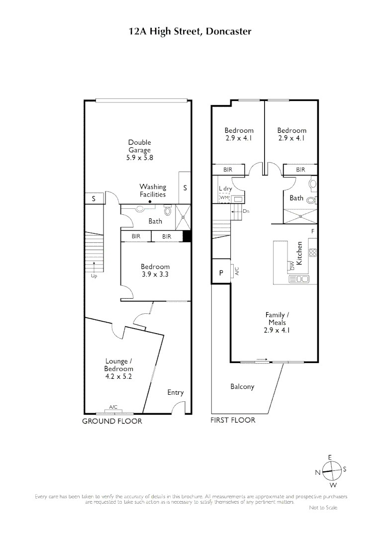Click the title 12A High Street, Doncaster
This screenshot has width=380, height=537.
tap(190, 32)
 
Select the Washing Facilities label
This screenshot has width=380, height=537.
tap(152, 191)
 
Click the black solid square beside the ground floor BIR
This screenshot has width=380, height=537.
tap(187, 237)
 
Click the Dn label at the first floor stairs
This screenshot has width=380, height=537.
tap(246, 211)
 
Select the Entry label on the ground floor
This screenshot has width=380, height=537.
tap(175, 392)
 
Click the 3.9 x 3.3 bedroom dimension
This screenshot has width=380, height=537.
tap(155, 274)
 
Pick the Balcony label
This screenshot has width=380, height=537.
tap(242, 386)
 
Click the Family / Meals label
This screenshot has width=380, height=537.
tap(275, 319)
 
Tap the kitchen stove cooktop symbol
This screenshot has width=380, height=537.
tap(313, 253)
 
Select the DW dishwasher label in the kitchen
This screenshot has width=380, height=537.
tap(292, 266)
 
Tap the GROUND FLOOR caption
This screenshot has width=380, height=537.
tap(112, 421)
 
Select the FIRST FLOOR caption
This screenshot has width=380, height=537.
tap(233, 420)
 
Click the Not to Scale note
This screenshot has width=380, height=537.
tap(323, 508)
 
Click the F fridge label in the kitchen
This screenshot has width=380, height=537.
tap(312, 232)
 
